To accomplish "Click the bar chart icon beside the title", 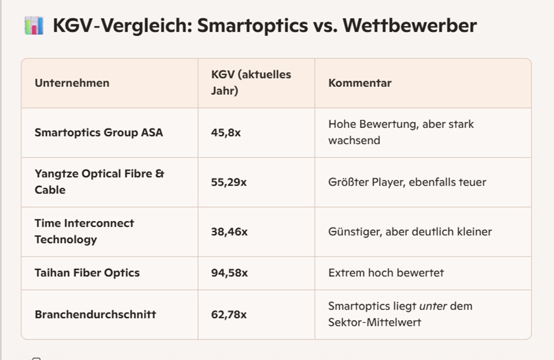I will click(x=34, y=26).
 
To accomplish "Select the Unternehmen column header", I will click(x=72, y=83).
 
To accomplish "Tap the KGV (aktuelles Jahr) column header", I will click(x=251, y=83).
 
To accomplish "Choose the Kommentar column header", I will click(x=360, y=83).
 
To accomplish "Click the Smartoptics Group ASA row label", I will click(x=98, y=133).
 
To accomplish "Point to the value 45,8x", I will click(x=226, y=133).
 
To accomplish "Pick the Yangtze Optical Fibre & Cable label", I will click(x=99, y=182).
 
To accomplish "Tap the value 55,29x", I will click(x=229, y=182).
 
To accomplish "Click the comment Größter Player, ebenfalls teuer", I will click(x=407, y=182).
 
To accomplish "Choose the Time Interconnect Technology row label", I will click(x=84, y=231).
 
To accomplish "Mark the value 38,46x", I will click(x=229, y=232).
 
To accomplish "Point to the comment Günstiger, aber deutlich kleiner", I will click(x=410, y=232).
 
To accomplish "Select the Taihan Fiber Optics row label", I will click(x=87, y=273).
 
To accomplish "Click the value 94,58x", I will click(x=229, y=273).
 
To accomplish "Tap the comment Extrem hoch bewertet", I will click(x=386, y=273).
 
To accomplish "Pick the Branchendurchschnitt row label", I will click(x=95, y=314).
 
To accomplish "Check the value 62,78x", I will click(x=229, y=314).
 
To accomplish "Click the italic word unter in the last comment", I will click(x=432, y=306).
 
